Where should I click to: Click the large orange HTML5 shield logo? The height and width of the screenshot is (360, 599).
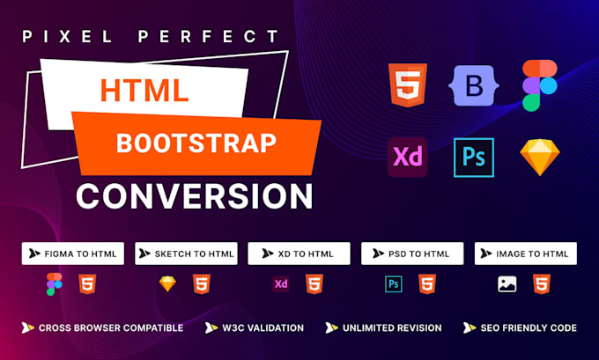[x=408, y=85]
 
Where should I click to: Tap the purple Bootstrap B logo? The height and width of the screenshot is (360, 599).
[x=473, y=85]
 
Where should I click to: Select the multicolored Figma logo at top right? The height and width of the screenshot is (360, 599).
[x=539, y=85]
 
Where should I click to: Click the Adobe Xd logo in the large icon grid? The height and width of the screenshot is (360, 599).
[x=408, y=158]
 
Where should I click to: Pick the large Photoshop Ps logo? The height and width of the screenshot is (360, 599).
[x=473, y=158]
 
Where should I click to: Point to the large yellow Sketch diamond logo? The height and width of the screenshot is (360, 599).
[x=539, y=158]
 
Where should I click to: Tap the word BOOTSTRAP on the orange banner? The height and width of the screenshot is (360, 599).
[x=196, y=141]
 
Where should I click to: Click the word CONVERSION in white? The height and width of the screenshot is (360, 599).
[x=194, y=194]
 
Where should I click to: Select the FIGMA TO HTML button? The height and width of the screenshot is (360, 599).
[x=73, y=253]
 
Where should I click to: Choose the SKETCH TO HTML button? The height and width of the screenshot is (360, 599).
[x=186, y=253]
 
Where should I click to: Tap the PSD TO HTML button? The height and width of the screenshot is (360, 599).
[x=412, y=253]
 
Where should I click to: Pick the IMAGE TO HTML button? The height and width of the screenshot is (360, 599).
[x=526, y=253]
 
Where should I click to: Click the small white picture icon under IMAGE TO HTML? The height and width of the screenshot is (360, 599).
[x=507, y=284]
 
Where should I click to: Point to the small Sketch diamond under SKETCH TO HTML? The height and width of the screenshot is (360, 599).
[x=167, y=284]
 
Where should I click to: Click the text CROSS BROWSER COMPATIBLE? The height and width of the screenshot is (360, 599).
[x=110, y=328]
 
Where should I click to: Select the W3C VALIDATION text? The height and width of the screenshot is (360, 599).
[x=262, y=328]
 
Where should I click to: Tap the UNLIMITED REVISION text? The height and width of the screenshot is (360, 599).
[x=391, y=328]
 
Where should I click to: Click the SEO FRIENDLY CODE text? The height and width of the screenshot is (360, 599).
[x=528, y=328]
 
